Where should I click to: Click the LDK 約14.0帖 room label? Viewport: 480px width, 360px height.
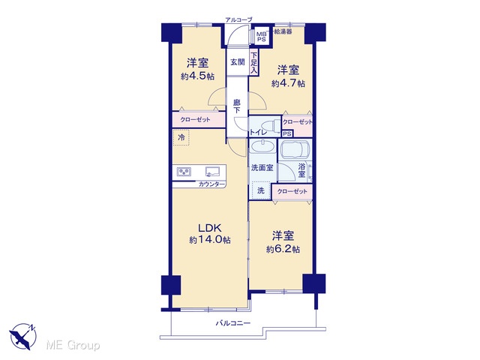(210, 233)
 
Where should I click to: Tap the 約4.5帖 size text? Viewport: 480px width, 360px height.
(197, 76)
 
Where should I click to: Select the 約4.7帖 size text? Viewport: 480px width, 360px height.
(288, 83)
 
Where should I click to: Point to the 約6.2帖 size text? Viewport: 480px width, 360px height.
(283, 249)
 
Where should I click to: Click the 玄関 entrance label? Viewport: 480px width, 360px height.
(238, 62)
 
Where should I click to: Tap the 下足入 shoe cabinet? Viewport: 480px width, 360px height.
(254, 63)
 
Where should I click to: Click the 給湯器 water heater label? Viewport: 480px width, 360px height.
(283, 31)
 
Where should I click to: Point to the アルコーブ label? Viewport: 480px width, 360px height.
(239, 20)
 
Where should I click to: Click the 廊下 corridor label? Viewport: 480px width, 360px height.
(237, 106)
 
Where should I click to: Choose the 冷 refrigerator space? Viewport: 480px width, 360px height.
(181, 138)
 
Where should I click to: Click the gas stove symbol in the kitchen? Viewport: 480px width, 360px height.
(184, 172)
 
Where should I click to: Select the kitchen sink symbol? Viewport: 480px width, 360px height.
(212, 172)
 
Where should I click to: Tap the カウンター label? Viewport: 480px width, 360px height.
(211, 184)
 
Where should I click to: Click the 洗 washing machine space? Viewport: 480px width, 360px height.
(261, 190)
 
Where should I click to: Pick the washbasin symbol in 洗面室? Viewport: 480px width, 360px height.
(263, 146)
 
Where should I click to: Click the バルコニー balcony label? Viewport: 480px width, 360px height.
(233, 323)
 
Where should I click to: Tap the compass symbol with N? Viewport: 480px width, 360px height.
(23, 335)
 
